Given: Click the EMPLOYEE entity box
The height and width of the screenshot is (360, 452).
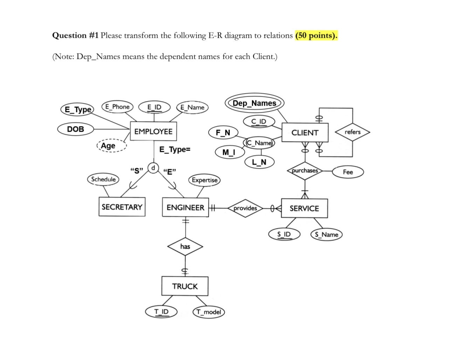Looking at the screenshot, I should point(153,131).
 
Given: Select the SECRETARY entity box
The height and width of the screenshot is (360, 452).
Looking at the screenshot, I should point(122,207).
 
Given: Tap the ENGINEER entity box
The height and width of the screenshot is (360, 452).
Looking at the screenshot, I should point(185,208).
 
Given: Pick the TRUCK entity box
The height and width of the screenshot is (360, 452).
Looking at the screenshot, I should point(185,286).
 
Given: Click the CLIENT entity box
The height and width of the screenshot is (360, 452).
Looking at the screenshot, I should point(304,133).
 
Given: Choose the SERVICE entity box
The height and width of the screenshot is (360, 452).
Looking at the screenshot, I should point(304,208).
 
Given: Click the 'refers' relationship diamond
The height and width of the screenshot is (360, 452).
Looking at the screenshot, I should point(352,132).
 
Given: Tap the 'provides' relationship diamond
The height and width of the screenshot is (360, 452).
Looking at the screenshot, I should point(245,208).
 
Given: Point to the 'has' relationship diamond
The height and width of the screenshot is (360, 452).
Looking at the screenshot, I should point(185,247).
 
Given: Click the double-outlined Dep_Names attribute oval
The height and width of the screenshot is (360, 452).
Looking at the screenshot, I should point(254,103).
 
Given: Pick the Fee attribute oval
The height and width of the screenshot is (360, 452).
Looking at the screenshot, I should point(348,172).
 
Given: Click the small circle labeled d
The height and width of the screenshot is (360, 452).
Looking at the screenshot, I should point(153,168).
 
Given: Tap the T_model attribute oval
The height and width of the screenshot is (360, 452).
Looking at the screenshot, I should point(208,312).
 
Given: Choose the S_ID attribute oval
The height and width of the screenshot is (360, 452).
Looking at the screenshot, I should point(284,234).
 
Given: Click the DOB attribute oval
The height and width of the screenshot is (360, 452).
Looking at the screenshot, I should point(76,129).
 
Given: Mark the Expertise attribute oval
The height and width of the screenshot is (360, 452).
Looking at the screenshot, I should point(205,180).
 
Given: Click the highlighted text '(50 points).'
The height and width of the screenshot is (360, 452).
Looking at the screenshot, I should point(316,36).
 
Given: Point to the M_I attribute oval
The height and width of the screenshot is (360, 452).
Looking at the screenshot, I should point(229,152).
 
